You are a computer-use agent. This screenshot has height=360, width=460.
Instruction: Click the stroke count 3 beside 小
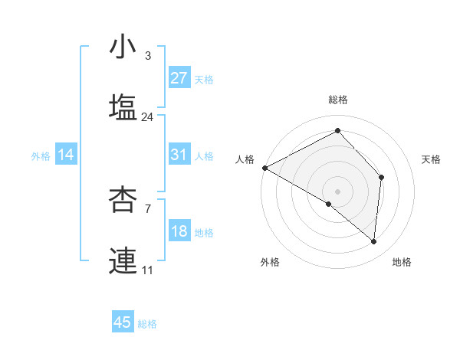(x=147, y=56)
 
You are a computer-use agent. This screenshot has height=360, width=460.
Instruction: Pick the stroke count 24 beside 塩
(x=147, y=117)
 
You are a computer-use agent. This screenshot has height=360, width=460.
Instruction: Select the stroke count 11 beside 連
(x=147, y=270)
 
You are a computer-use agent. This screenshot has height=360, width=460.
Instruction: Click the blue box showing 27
(x=179, y=78)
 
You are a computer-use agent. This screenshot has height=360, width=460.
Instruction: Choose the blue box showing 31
(x=179, y=155)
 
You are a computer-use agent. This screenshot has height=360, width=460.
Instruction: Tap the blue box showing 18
(x=179, y=231)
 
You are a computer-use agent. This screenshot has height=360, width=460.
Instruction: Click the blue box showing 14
(x=66, y=155)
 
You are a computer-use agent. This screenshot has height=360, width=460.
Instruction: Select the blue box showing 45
(x=123, y=322)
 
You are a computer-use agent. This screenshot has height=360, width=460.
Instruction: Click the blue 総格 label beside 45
(x=147, y=324)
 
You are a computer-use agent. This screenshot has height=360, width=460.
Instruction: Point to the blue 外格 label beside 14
(x=41, y=156)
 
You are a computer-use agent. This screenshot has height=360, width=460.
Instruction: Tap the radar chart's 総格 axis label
(x=338, y=100)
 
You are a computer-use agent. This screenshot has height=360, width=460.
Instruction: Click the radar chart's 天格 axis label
(x=432, y=159)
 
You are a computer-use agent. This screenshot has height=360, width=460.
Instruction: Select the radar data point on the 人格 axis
(x=264, y=168)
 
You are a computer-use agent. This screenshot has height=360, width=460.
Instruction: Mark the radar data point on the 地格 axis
(x=373, y=241)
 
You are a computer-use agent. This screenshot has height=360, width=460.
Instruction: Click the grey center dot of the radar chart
(x=338, y=191)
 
